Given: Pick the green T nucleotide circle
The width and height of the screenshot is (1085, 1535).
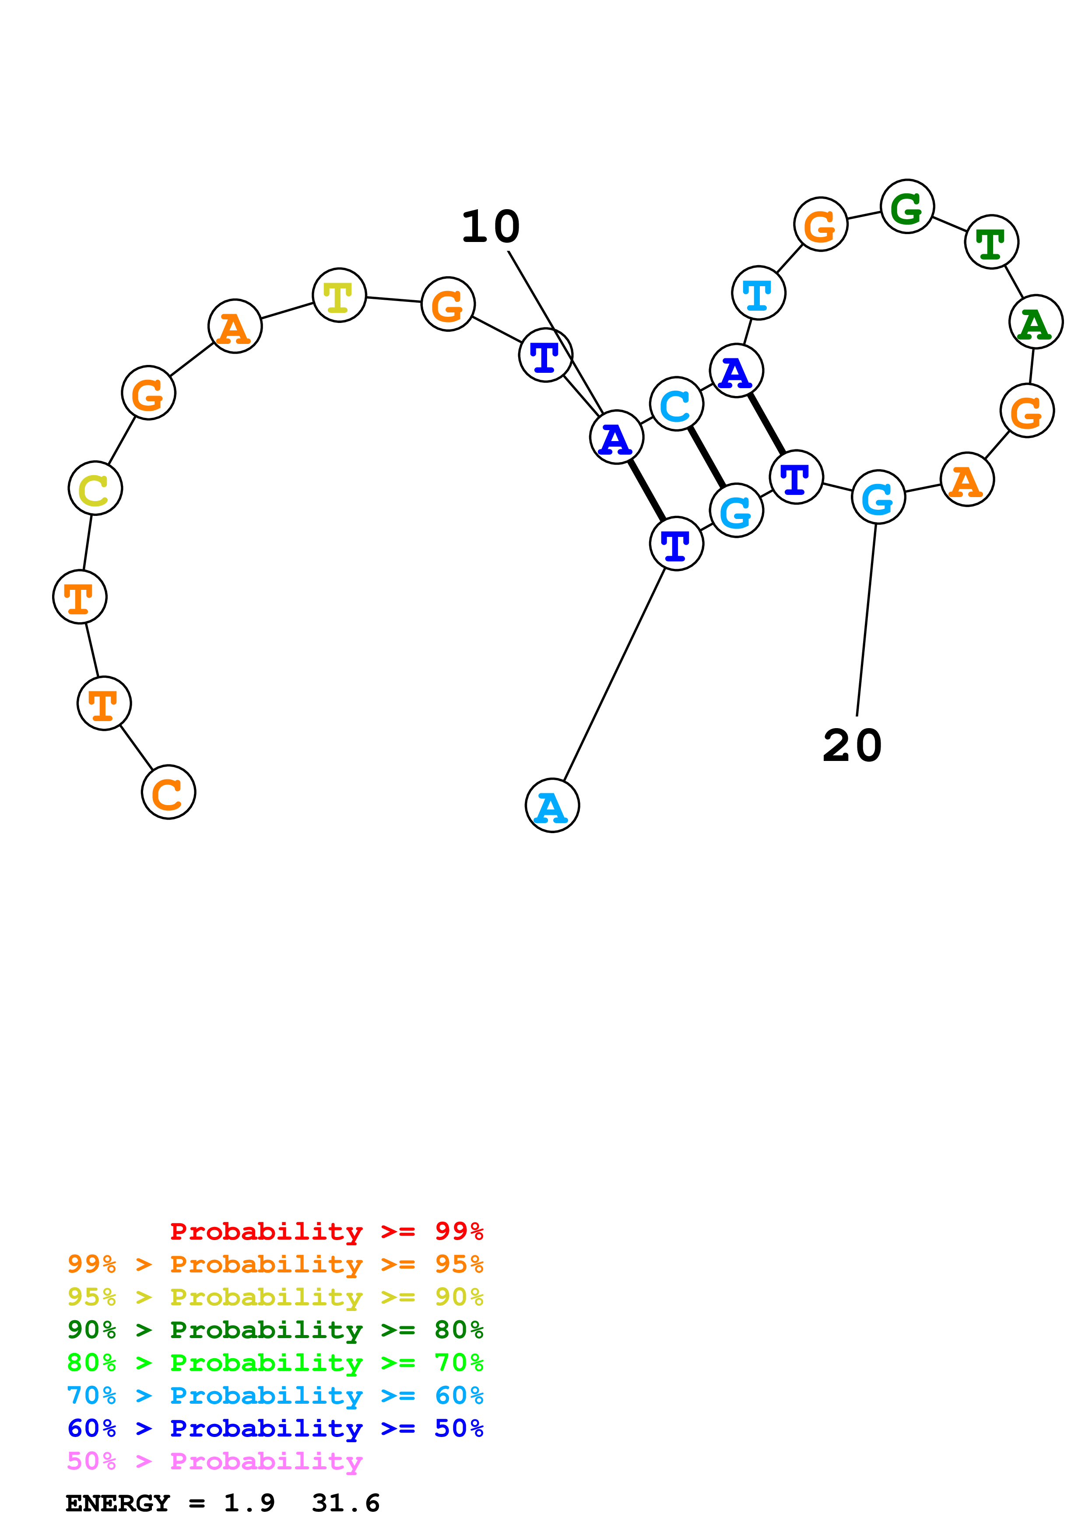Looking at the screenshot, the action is click(x=991, y=242).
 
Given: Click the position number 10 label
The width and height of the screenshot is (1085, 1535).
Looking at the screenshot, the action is click(x=491, y=227).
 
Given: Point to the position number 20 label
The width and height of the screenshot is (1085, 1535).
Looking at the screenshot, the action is click(x=852, y=746).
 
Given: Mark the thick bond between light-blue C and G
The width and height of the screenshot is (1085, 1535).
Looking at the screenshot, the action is click(x=706, y=457).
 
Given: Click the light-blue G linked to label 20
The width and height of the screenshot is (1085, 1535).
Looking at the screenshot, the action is click(x=878, y=497).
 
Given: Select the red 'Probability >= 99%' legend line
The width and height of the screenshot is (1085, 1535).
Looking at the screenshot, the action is click(x=326, y=1231).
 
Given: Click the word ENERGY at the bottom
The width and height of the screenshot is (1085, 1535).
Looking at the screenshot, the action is click(x=118, y=1503).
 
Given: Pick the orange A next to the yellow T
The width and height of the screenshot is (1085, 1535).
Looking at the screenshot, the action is click(x=234, y=326).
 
